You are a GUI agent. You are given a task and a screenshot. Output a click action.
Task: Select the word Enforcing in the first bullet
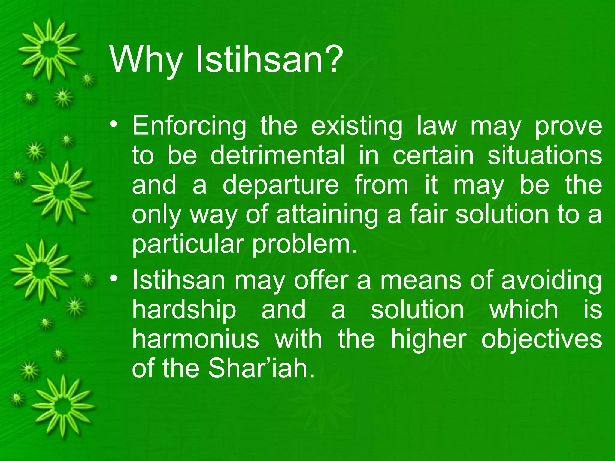click(x=189, y=126)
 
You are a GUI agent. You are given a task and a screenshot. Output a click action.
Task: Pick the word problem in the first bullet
click(x=305, y=245)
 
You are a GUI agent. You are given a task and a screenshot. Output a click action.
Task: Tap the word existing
click(x=356, y=126)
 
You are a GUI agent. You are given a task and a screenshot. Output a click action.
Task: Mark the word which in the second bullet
click(x=524, y=310)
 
